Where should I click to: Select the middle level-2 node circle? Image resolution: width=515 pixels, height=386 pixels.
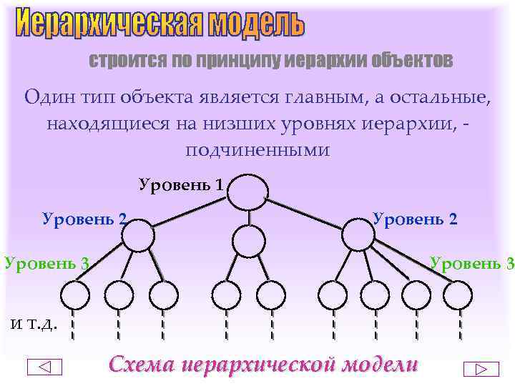click(249, 241)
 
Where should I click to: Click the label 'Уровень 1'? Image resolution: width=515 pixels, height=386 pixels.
click(182, 185)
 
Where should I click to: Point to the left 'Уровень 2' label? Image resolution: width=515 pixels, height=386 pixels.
click(85, 219)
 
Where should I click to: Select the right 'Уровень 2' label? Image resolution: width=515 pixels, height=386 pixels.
click(416, 218)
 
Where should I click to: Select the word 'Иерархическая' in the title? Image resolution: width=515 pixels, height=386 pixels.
click(111, 24)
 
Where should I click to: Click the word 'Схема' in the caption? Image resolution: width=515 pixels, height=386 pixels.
click(141, 364)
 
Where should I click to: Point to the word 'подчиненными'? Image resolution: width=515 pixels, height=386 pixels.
click(257, 151)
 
